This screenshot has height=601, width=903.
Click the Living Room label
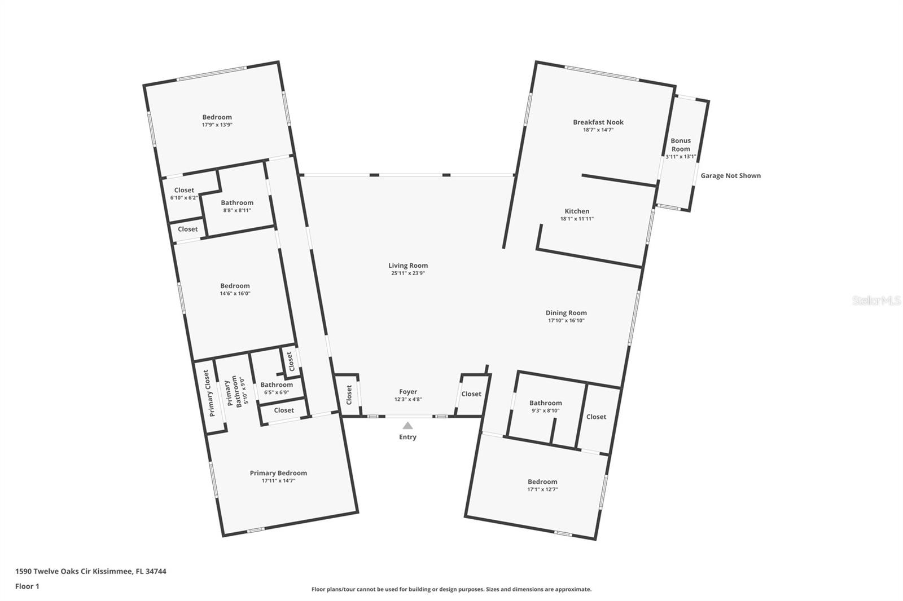408,266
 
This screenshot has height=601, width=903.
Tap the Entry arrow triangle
407,426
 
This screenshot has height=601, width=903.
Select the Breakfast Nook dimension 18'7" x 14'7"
598,130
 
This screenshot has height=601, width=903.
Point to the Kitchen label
577,211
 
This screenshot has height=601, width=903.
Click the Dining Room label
566,313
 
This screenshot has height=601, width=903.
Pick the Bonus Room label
681,144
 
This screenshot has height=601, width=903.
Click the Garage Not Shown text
730,176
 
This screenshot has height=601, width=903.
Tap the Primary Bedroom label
278,473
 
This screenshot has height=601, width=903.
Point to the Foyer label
408,391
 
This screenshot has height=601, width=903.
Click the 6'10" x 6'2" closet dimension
184,198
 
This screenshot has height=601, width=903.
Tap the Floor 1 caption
27,586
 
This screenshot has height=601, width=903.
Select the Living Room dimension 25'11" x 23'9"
408,273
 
